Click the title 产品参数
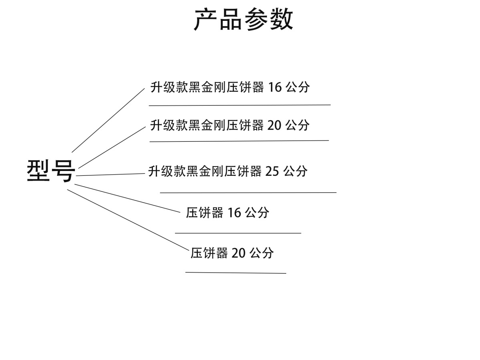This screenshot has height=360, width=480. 243,19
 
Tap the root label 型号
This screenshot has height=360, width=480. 51,171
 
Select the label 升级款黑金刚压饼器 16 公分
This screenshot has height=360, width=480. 230,87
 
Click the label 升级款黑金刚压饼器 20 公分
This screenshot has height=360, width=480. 230,125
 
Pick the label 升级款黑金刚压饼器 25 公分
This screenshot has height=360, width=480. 228,171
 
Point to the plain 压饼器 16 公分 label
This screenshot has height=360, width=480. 227,213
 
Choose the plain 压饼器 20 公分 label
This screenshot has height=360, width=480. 232,253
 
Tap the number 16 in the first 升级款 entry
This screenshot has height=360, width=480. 275,87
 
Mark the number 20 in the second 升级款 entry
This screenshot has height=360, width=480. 275,125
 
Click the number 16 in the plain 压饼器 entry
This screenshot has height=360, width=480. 234,213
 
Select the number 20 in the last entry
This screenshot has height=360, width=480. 239,253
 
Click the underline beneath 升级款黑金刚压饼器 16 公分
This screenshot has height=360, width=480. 239,105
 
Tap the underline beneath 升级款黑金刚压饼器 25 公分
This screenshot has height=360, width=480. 248,193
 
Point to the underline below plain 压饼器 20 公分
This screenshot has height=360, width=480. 236,273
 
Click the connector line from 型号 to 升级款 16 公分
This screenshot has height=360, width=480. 108,120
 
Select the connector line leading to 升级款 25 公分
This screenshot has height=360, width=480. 110,175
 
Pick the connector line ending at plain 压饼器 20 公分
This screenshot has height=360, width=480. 128,219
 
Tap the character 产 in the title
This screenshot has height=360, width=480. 206,19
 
